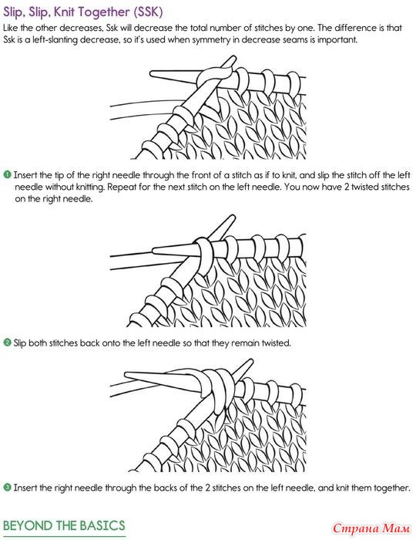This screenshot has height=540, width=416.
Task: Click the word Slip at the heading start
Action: tap(13, 12)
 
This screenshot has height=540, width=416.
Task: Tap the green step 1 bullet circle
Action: tap(7, 174)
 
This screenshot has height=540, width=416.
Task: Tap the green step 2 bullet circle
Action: tap(7, 343)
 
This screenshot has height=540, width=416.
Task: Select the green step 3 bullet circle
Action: tap(7, 488)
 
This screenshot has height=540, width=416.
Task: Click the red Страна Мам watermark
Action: tap(371, 528)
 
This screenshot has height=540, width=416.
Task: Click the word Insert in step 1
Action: tap(24, 175)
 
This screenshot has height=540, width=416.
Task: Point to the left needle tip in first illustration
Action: tap(151, 74)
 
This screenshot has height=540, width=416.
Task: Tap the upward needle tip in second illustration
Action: tap(233, 217)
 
